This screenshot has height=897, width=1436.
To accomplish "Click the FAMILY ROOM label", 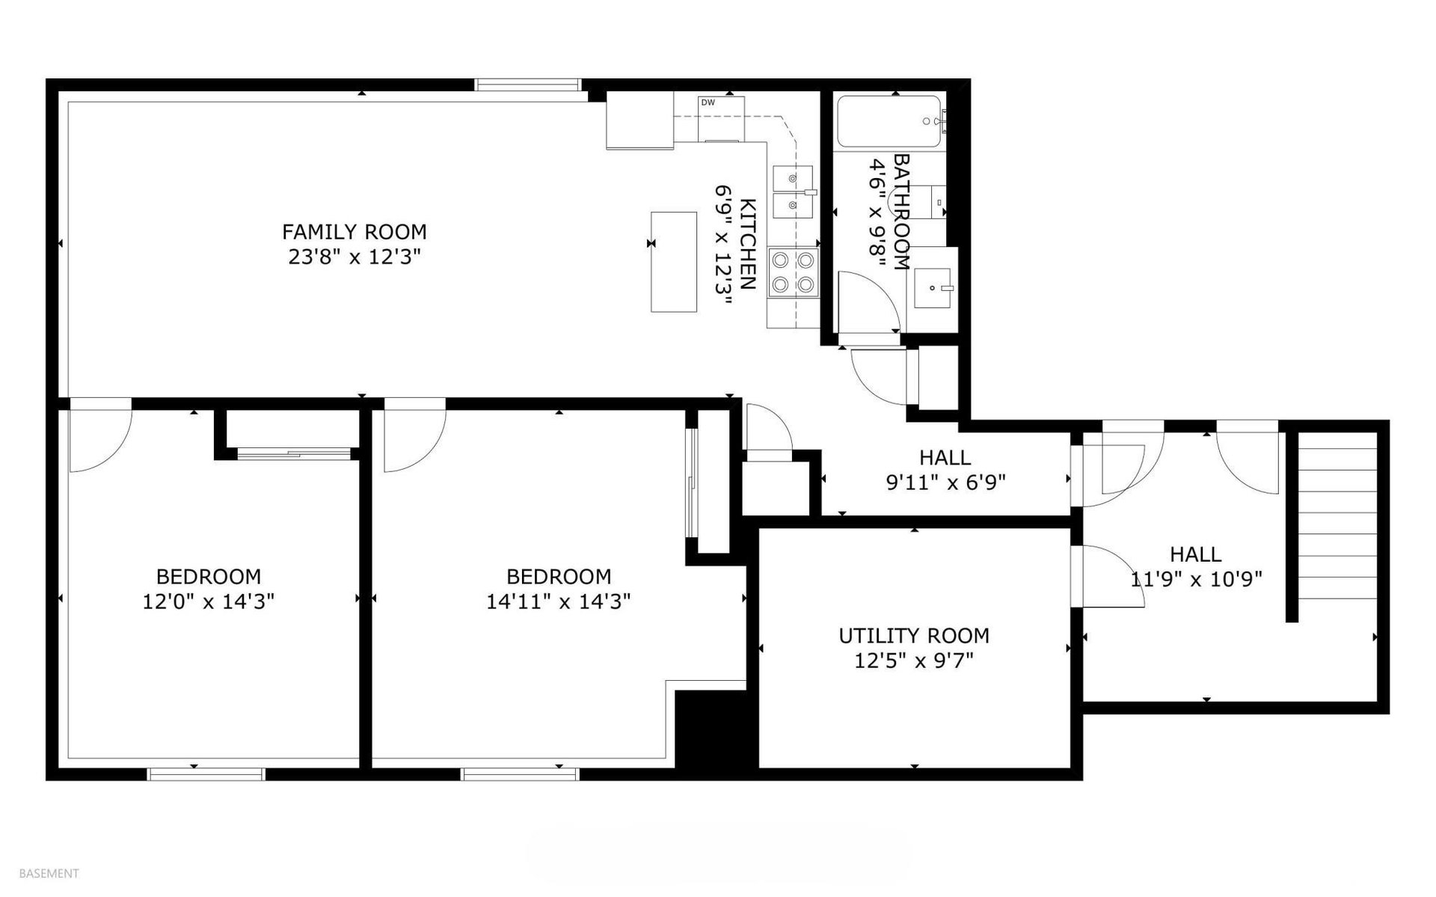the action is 354,232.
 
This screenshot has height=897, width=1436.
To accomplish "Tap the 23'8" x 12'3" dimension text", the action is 355,257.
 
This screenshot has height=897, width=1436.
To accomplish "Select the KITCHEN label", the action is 747,245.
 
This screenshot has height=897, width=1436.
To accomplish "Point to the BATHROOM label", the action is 902,212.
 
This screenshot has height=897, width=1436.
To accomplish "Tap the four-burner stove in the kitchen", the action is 793,272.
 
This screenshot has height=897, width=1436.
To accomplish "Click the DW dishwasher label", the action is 708,103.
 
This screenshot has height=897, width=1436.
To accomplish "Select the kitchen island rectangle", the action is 674,261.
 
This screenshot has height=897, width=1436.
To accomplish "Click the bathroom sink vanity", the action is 935,288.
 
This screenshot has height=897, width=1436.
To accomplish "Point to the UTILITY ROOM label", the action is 914,636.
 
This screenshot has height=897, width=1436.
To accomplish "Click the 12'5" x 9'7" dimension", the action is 914,661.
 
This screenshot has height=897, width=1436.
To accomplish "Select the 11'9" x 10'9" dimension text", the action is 1196,579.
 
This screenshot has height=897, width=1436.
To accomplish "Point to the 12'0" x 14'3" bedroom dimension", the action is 209,601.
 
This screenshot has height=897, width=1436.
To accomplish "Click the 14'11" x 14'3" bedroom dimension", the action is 559,601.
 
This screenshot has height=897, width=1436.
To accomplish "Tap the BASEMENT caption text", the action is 49,873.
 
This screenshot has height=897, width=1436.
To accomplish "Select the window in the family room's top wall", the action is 528,85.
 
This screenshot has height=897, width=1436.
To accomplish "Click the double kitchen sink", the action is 793,192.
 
